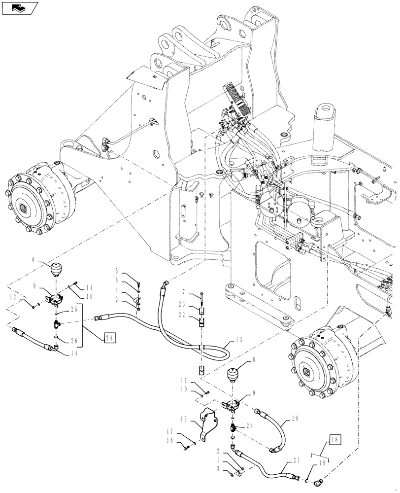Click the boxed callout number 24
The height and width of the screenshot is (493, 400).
111,338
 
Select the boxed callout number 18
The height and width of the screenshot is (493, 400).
334,439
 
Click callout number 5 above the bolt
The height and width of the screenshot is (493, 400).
117,271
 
